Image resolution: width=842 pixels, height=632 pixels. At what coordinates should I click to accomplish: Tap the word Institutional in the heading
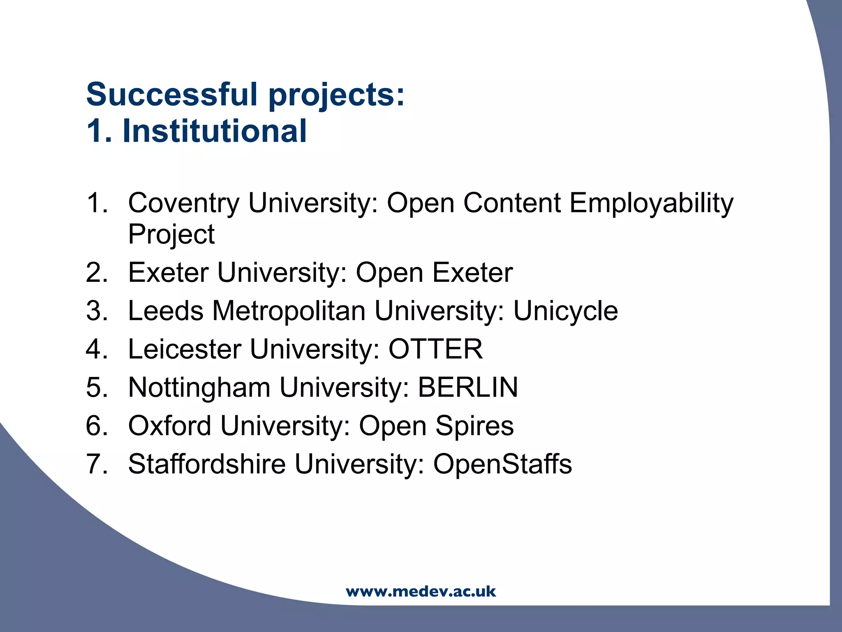[215, 131]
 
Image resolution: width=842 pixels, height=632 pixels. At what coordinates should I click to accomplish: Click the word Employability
[651, 204]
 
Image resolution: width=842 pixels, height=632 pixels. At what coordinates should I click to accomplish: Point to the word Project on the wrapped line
[171, 235]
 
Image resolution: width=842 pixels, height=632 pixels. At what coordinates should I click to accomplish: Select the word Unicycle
[565, 311]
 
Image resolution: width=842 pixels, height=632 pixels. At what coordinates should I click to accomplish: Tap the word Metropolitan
[288, 311]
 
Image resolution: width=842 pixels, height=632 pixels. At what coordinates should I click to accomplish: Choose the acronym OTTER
[435, 349]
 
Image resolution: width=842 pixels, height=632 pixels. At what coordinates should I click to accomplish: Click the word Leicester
[185, 349]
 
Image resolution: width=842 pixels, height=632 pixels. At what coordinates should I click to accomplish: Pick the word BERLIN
[468, 387]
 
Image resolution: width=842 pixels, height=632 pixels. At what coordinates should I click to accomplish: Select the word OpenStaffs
[502, 464]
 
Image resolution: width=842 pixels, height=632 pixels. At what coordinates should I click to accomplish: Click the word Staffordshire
[207, 464]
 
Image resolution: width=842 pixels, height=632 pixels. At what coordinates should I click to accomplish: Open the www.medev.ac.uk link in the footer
[421, 592]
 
